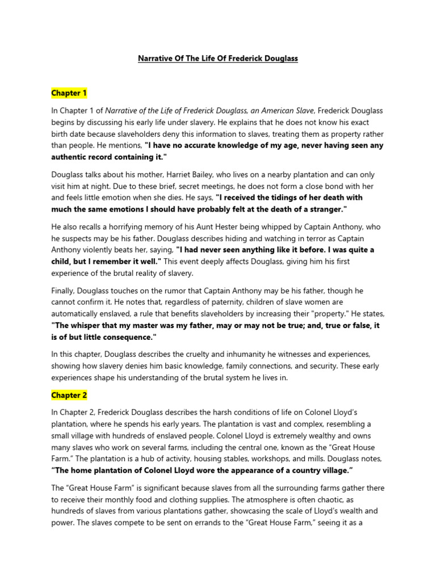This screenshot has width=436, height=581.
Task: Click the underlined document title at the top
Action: tap(218, 58)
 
